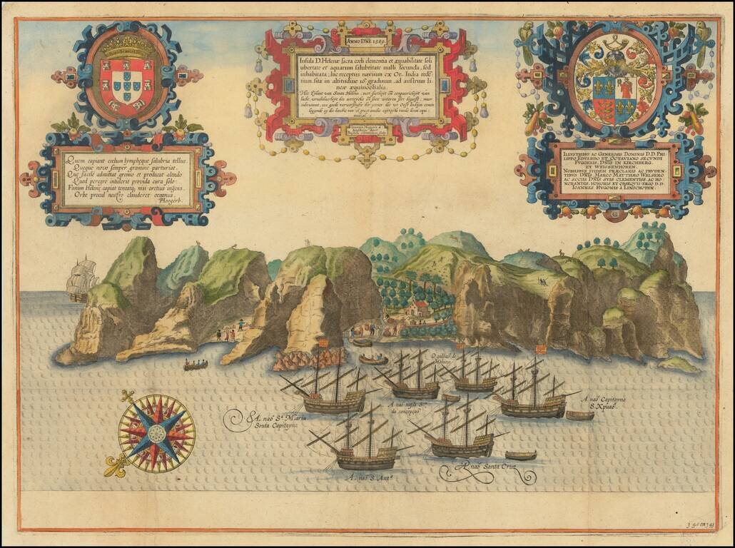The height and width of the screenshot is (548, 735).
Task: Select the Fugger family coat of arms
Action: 614,91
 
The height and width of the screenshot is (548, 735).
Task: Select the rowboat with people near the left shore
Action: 196,365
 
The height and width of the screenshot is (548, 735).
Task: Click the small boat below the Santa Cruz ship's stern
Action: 520,455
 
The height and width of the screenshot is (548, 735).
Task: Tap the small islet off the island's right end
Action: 679,365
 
